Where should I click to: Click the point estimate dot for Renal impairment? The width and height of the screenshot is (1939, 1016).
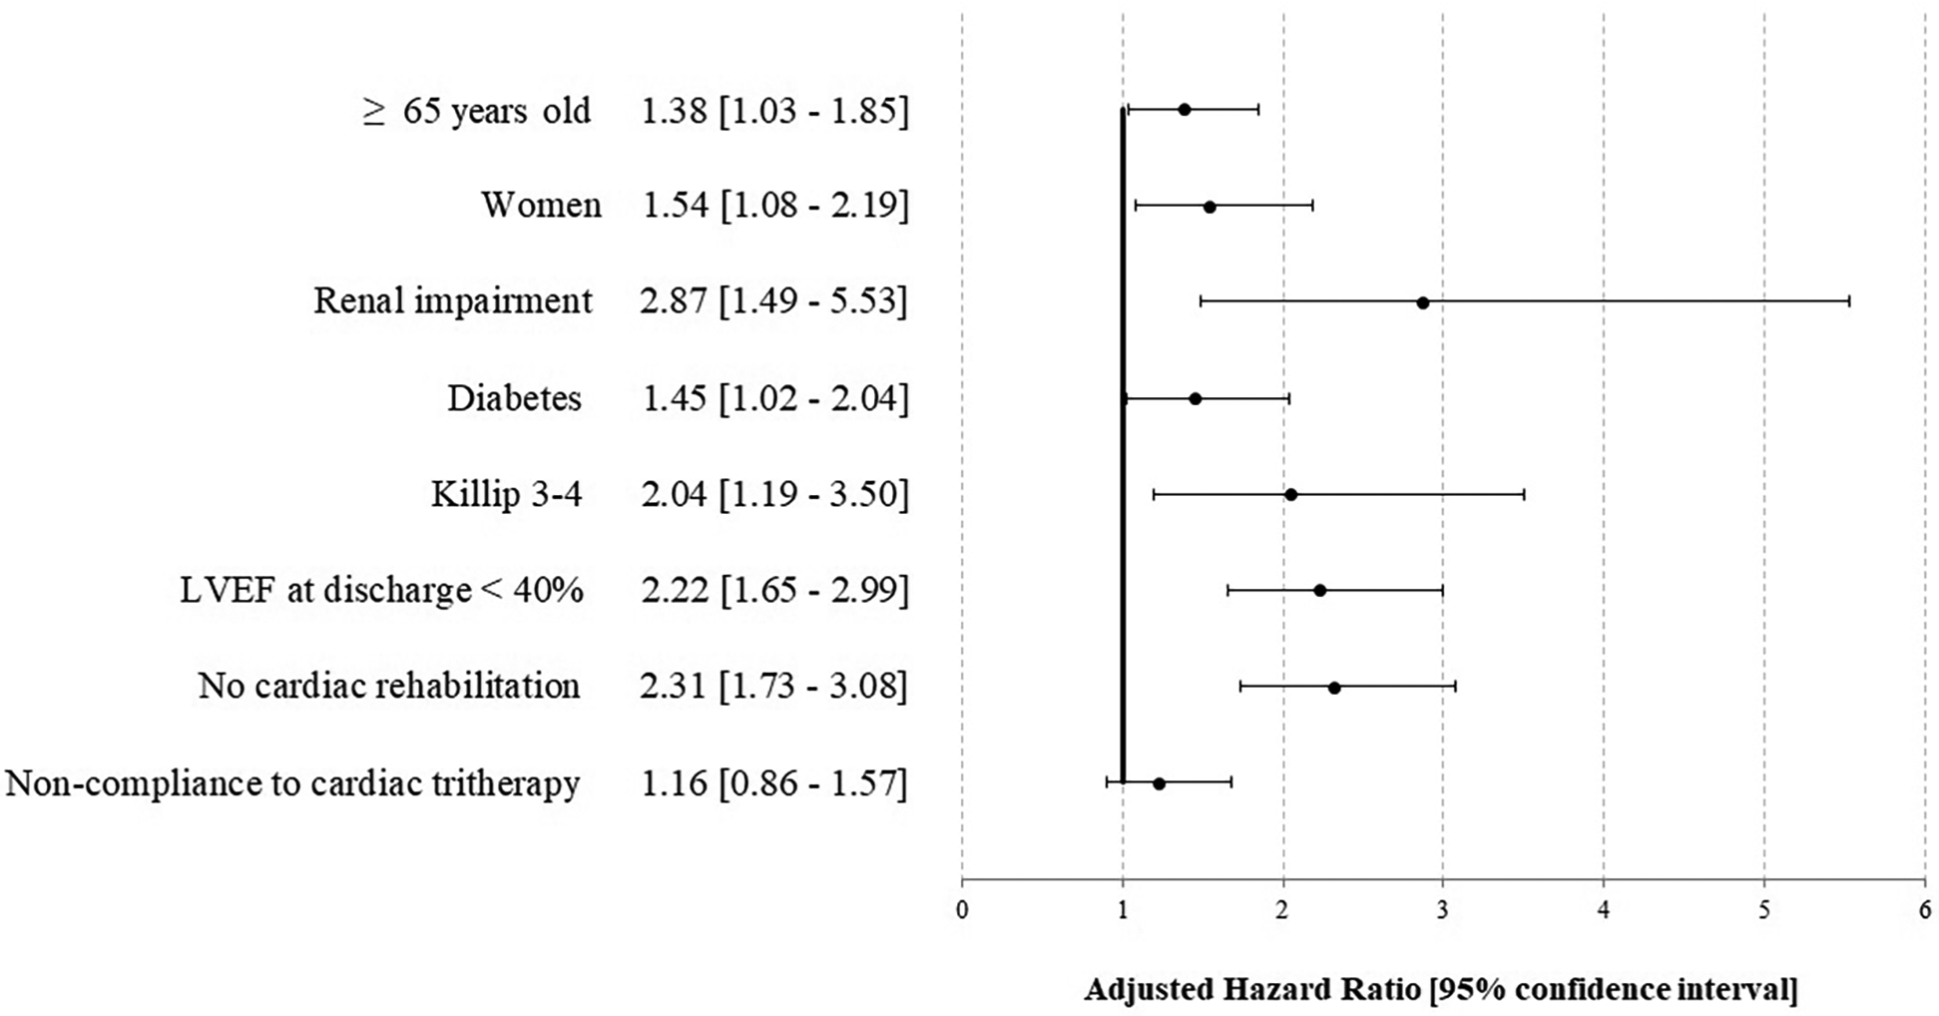click(x=1422, y=301)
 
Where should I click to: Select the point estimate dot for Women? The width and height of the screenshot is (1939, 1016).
click(x=1210, y=207)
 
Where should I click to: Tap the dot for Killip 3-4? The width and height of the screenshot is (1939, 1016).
click(x=1290, y=494)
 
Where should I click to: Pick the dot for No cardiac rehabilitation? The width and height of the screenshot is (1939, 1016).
click(x=1334, y=687)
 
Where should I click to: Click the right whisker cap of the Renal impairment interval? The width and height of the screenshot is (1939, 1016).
click(x=1849, y=300)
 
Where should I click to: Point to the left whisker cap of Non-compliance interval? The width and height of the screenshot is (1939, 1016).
click(x=1107, y=782)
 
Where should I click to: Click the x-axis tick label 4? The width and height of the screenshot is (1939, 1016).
click(x=1604, y=910)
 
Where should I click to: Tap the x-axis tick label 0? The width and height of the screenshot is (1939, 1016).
click(x=962, y=910)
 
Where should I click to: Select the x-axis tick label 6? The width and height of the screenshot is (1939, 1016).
click(x=1925, y=910)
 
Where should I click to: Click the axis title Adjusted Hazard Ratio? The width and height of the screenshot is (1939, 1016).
click(x=1440, y=989)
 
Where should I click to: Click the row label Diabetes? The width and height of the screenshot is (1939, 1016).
click(x=514, y=398)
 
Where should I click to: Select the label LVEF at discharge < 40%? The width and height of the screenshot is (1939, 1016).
click(x=381, y=590)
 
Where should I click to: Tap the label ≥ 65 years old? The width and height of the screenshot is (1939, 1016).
click(x=477, y=111)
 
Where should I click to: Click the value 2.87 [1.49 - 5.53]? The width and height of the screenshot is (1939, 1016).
click(x=773, y=301)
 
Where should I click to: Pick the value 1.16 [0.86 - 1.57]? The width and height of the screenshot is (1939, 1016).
click(x=773, y=783)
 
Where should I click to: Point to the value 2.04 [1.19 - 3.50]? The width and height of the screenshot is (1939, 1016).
click(x=774, y=494)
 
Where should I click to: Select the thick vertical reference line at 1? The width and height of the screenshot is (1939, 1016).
click(x=1123, y=449)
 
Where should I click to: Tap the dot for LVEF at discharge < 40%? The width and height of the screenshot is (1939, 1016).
click(x=1319, y=590)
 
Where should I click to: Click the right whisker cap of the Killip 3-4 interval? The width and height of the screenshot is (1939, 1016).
click(x=1524, y=494)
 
